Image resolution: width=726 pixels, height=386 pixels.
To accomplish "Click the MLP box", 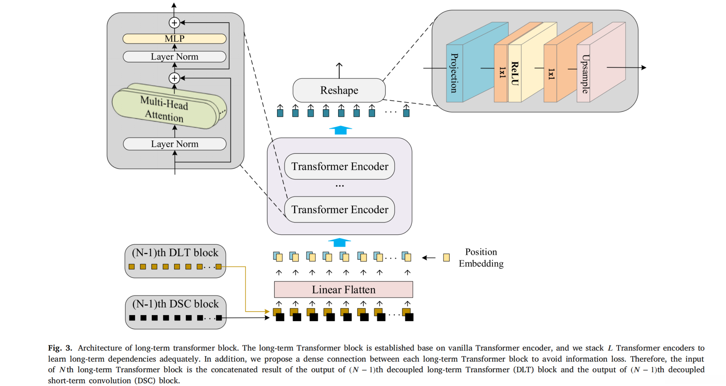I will pos(174,39).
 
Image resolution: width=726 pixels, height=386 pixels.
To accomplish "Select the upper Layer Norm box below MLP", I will pos(174,57).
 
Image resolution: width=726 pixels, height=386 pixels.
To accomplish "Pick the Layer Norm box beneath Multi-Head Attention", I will pos(174,144).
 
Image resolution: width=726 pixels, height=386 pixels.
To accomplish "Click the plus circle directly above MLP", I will pos(174,23).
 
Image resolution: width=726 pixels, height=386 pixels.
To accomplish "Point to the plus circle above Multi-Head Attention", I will pos(174,78).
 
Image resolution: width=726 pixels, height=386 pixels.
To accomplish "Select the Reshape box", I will pos(339,90).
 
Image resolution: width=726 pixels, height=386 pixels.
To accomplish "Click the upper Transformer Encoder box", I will pos(339,167).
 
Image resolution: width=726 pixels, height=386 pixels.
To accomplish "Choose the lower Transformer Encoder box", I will pos(339,210).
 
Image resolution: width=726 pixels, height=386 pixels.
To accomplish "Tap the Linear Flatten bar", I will pos(343,289).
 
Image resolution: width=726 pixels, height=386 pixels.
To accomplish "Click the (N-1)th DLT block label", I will pos(175,253).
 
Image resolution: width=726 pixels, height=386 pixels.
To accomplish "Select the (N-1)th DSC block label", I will pos(176,304).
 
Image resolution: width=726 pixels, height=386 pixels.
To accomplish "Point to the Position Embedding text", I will pos(481,258).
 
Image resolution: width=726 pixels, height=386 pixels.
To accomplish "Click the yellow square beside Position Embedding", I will pos(446,258).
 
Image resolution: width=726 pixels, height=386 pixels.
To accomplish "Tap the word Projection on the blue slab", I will pos(454,73).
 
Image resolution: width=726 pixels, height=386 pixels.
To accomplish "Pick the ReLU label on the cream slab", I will pos(514,73).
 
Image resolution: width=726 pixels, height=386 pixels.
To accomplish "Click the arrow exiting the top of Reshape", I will pos(339,70).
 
